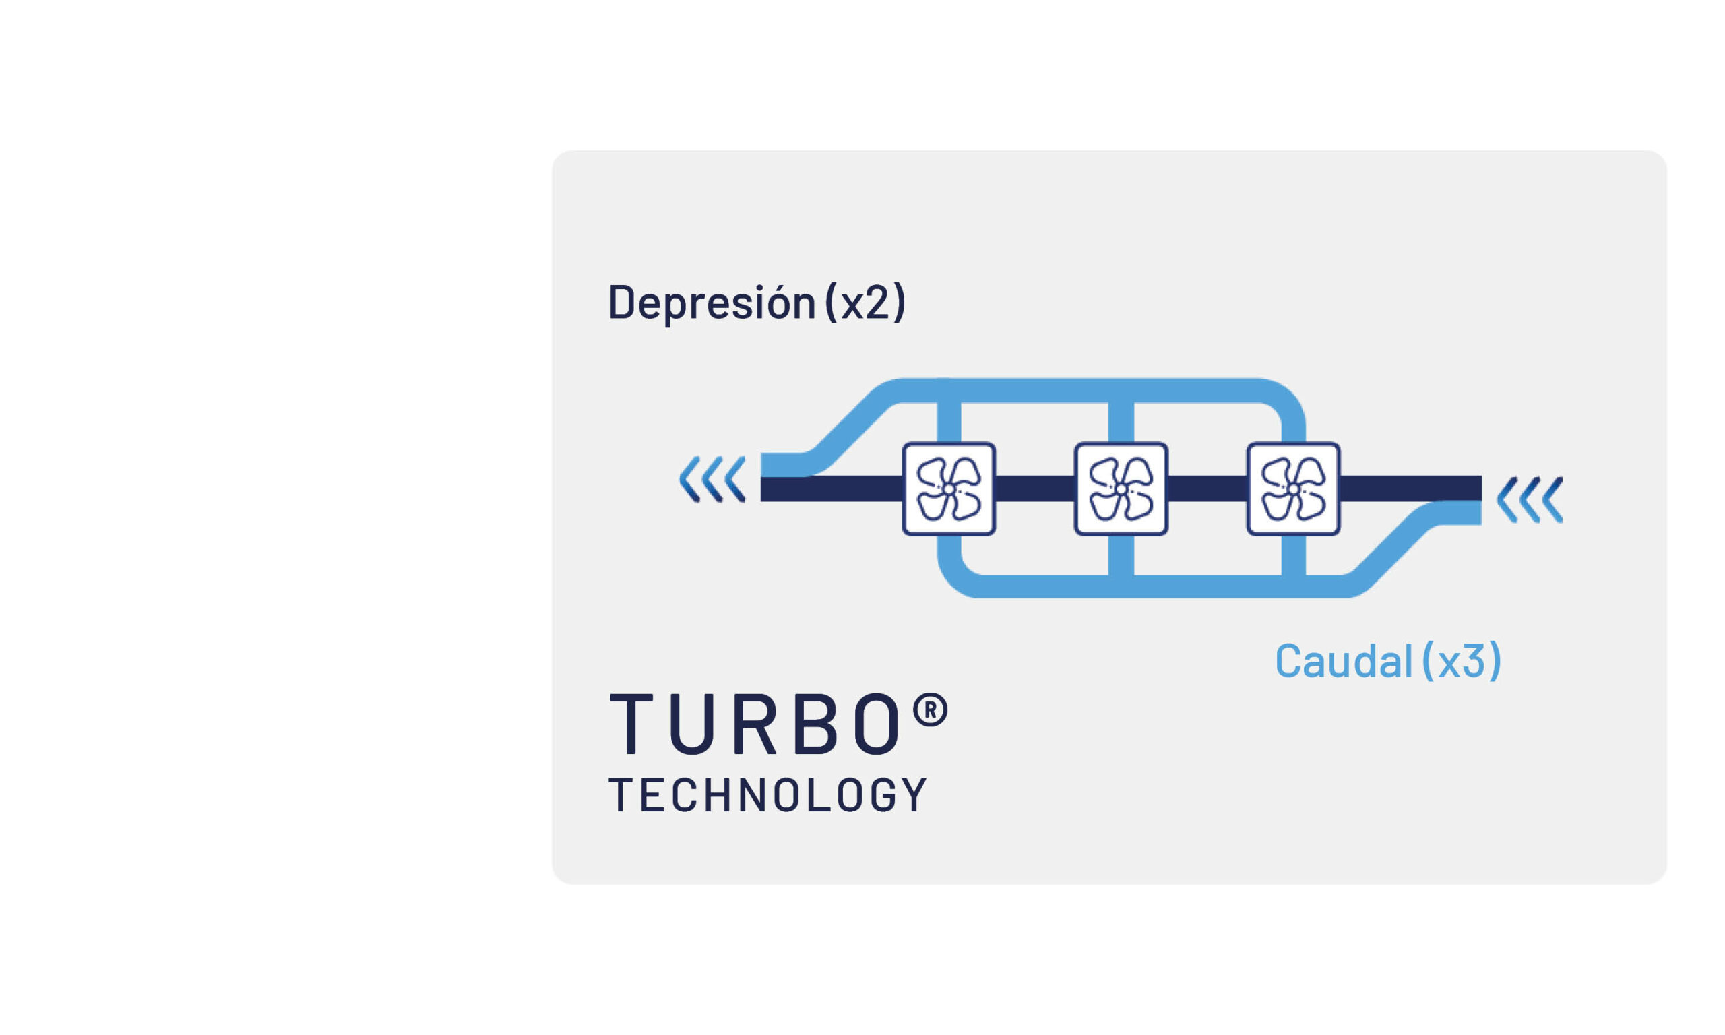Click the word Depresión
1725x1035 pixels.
pyautogui.click(x=711, y=303)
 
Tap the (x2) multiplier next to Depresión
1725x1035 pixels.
pyautogui.click(x=865, y=303)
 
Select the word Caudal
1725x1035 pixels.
pyautogui.click(x=1343, y=660)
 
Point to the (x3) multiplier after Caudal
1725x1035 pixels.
pyautogui.click(x=1461, y=660)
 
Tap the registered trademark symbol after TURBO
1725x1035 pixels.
pyautogui.click(x=930, y=711)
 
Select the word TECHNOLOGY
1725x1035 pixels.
pyautogui.click(x=767, y=795)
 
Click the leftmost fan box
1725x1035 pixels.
pyautogui.click(x=948, y=490)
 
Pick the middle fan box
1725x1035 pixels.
pyautogui.click(x=1121, y=490)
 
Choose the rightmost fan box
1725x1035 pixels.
pyautogui.click(x=1292, y=490)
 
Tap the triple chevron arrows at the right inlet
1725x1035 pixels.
pyautogui.click(x=1530, y=499)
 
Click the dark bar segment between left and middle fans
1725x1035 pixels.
pyautogui.click(x=1035, y=489)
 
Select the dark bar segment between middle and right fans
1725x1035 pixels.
pyautogui.click(x=1207, y=489)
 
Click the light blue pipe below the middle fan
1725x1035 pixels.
pyautogui.click(x=1121, y=557)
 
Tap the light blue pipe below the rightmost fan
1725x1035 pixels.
pyautogui.click(x=1292, y=557)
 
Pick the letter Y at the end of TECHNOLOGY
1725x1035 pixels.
pyautogui.click(x=915, y=795)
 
